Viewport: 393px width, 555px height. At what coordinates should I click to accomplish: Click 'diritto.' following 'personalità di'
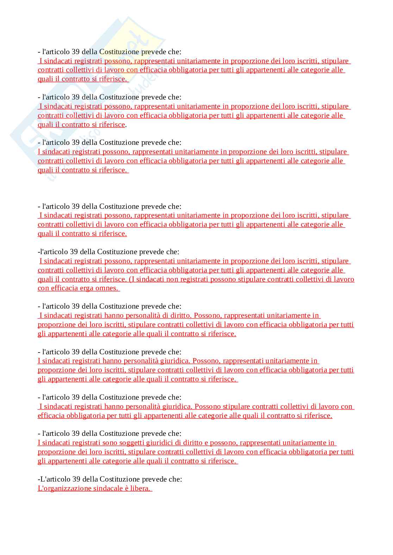(x=179, y=315)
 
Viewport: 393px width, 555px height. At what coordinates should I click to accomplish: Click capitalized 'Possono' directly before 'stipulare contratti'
(x=207, y=407)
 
